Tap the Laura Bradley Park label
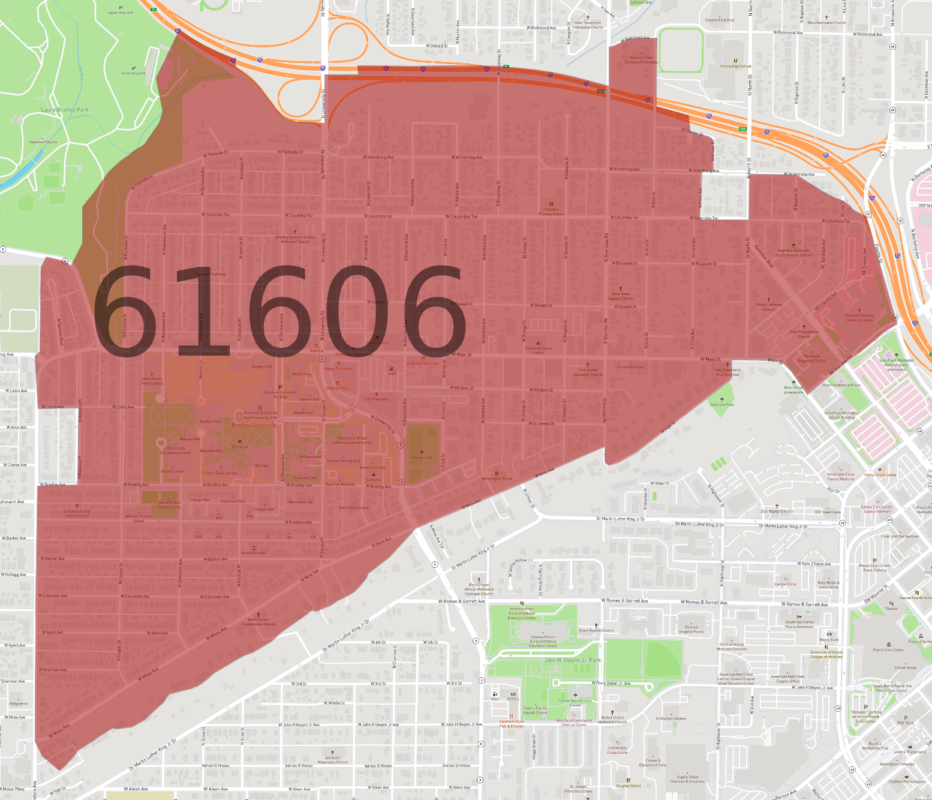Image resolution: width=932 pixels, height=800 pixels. [x=65, y=110]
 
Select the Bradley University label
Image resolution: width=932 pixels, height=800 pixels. [x=254, y=425]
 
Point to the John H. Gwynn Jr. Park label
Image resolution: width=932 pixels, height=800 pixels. [x=572, y=660]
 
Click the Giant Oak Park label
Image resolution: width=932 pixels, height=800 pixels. [x=721, y=404]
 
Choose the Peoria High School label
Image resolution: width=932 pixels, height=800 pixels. [x=735, y=67]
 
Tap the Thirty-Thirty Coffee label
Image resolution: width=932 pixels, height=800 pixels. [x=880, y=475]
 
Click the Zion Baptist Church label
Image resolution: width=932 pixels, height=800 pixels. [x=777, y=512]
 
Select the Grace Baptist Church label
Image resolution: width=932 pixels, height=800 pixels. [x=596, y=630]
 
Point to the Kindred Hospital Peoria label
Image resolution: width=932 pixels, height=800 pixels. [x=691, y=629]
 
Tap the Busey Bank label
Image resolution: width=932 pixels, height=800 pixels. [x=829, y=639]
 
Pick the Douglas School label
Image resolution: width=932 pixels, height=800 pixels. [x=628, y=786]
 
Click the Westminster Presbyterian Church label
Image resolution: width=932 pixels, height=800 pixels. [x=258, y=622]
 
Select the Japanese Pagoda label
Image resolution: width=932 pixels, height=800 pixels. [x=43, y=142]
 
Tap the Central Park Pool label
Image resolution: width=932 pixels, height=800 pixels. [x=719, y=20]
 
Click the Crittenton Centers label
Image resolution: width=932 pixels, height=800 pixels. [x=671, y=718]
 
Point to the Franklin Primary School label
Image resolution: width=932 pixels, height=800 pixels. [x=551, y=212]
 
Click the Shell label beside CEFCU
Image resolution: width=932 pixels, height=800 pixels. [x=495, y=699]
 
